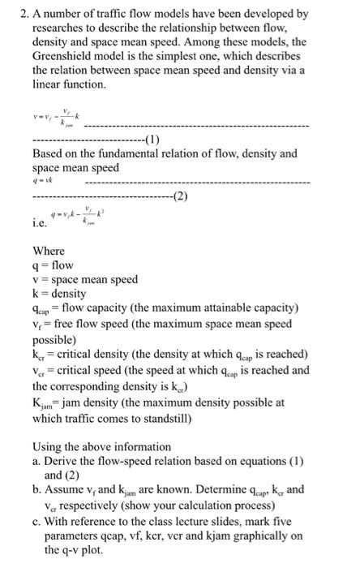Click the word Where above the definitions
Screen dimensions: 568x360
[48, 251]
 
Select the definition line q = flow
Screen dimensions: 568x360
[53, 265]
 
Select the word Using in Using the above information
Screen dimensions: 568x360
[48, 447]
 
